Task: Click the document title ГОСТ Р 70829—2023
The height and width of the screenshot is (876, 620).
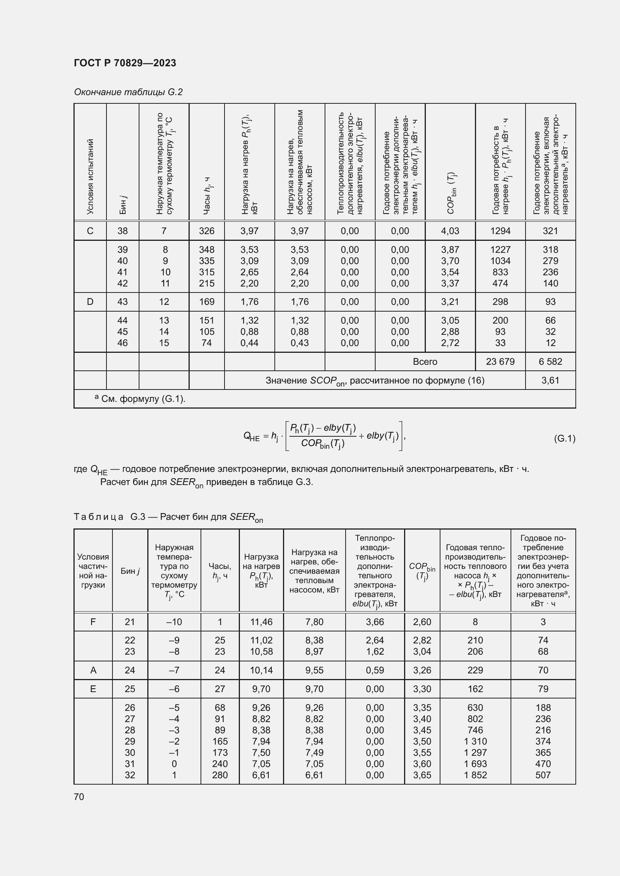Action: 125,63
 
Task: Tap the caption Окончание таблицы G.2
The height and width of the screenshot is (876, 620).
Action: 128,92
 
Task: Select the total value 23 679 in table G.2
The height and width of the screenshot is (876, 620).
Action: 500,361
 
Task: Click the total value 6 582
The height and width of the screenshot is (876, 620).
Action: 550,361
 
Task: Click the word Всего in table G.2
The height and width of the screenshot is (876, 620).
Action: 425,361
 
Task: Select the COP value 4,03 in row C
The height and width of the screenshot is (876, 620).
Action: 450,231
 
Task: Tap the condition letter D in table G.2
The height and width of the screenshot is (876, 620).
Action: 90,302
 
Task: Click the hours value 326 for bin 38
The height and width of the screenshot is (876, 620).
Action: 207,231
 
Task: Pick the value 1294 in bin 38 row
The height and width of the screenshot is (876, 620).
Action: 500,231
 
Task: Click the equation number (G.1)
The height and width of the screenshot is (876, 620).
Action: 564,438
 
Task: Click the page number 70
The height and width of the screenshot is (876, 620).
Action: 79,797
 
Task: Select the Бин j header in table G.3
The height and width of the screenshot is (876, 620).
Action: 130,571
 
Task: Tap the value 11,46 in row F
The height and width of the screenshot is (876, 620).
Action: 261,622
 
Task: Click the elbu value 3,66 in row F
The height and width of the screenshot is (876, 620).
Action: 374,622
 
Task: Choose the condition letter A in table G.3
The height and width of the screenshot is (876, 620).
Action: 93,670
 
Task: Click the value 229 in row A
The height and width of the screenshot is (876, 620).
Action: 475,670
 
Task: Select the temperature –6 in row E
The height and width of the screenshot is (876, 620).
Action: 174,689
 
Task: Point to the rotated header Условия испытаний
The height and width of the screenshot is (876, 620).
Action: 90,176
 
